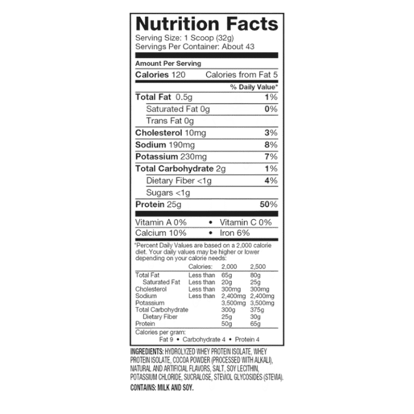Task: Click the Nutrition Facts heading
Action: [207, 24]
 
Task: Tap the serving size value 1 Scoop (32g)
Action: [209, 38]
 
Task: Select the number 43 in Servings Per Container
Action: [250, 47]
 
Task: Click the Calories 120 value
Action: [160, 75]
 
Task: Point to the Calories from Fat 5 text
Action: [241, 75]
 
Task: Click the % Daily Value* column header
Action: [254, 87]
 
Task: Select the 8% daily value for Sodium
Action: [271, 144]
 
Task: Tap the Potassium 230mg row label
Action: [171, 156]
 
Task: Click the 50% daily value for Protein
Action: [269, 204]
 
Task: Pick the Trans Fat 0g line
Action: [170, 121]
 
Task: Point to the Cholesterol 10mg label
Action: [170, 133]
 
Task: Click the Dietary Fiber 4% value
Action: [271, 181]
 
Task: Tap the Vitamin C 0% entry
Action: [246, 223]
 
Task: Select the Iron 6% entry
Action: [234, 233]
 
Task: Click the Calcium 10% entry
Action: [161, 233]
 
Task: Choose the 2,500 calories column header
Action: [258, 267]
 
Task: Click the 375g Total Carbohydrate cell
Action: [257, 310]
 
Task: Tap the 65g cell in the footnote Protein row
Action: [256, 323]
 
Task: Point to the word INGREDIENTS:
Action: [147, 351]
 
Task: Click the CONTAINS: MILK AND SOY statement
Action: [162, 388]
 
